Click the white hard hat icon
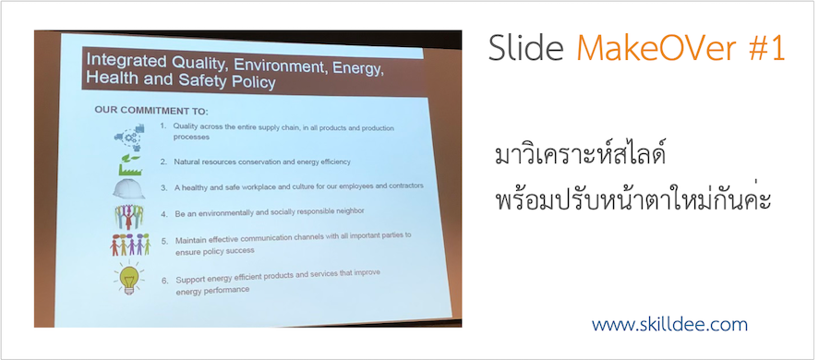pyautogui.click(x=128, y=188)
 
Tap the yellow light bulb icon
pyautogui.click(x=128, y=279)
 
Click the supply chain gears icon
pyautogui.click(x=130, y=137)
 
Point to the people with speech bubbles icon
pyautogui.click(x=130, y=245)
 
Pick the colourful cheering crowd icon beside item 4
pyautogui.click(x=128, y=217)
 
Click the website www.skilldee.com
pyautogui.click(x=669, y=324)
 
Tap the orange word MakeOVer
pyautogui.click(x=655, y=48)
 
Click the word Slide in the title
pyautogui.click(x=525, y=48)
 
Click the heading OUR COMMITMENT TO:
pyautogui.click(x=151, y=111)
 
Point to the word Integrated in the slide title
pyautogui.click(x=121, y=60)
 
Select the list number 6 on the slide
pyautogui.click(x=165, y=280)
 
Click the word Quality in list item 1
pyautogui.click(x=185, y=127)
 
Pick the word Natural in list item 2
pyautogui.click(x=187, y=162)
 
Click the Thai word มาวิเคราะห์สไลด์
pyautogui.click(x=579, y=157)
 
